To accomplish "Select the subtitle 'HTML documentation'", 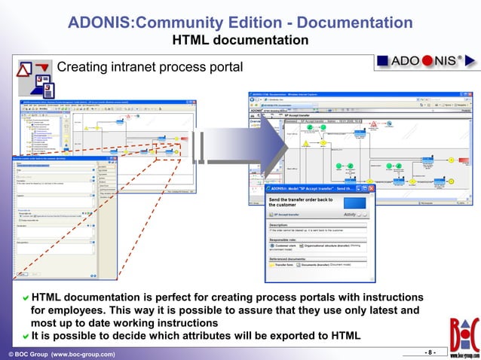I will click(x=240, y=39).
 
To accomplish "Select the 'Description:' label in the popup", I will click(x=283, y=224).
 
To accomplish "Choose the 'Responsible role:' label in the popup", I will click(x=287, y=239).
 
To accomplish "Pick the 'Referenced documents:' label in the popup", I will click(x=292, y=258).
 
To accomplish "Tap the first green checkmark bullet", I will click(x=25, y=298).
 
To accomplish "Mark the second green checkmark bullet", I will click(x=25, y=336).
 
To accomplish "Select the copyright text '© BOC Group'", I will click(x=29, y=354).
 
